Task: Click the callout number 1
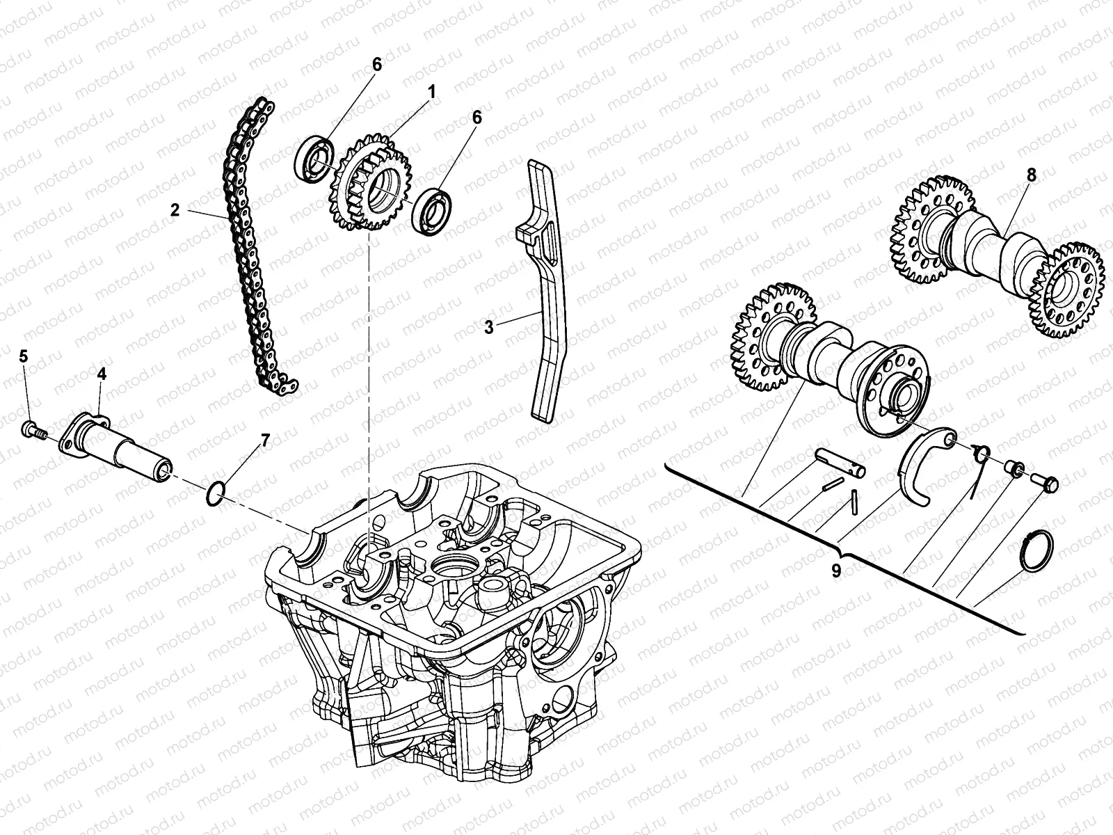[431, 91]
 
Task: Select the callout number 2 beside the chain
[175, 209]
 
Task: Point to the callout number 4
[102, 374]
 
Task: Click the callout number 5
[23, 356]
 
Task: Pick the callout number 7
[264, 440]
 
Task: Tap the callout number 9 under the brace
[835, 570]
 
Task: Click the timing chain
[250, 244]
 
